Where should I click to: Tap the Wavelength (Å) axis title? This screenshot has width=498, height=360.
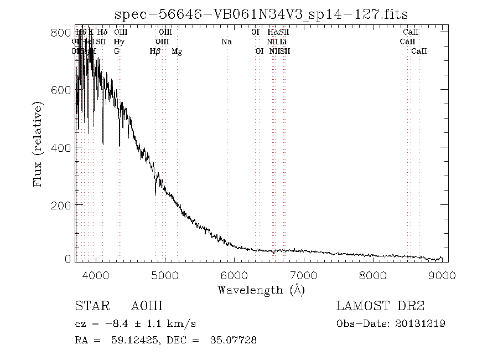(261, 290)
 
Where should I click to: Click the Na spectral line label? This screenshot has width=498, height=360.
(226, 42)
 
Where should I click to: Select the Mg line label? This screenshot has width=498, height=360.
(177, 52)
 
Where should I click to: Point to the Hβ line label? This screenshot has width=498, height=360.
(155, 52)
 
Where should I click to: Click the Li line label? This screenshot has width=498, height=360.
(283, 42)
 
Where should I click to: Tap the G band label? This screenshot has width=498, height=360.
(117, 52)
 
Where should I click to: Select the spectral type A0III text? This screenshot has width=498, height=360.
(147, 306)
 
